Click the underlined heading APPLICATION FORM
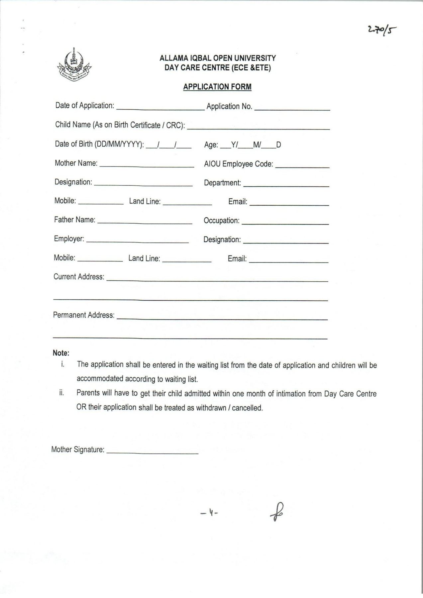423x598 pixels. [217, 87]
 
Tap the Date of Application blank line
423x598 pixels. [160, 107]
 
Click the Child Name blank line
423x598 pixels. [258, 127]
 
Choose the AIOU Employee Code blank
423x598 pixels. [302, 165]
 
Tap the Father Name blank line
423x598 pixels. [145, 222]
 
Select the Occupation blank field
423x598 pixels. [285, 222]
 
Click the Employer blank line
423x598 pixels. [137, 241]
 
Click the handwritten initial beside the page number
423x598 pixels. [277, 512]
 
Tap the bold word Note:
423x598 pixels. [61, 353]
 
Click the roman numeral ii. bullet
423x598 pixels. [61, 393]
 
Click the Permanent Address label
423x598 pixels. [84, 315]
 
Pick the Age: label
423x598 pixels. [211, 145]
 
